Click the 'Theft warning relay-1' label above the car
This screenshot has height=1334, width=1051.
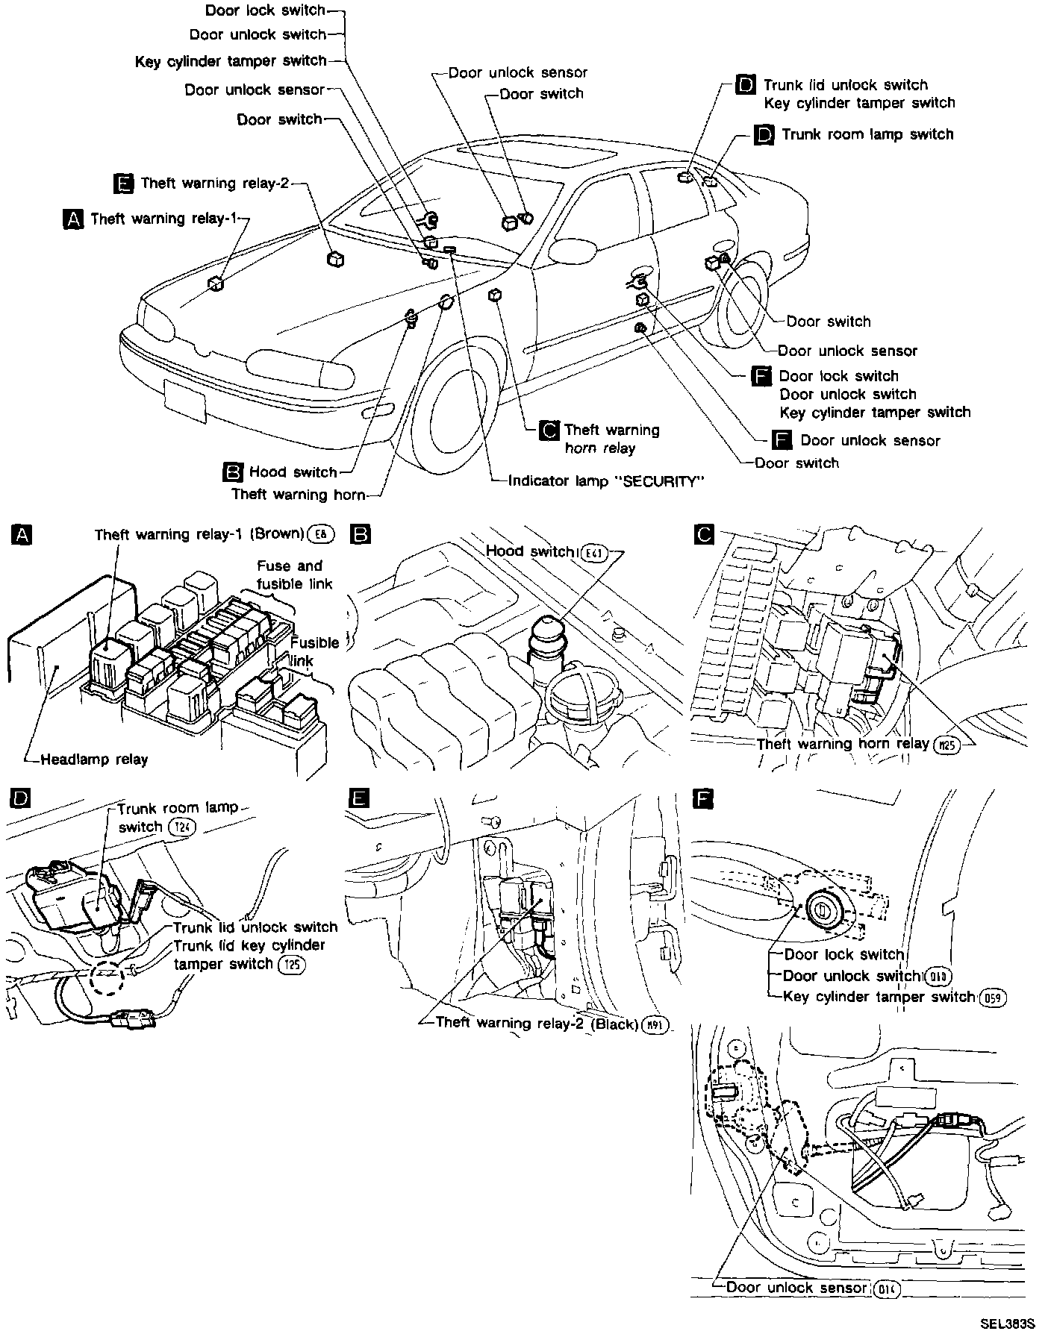163,219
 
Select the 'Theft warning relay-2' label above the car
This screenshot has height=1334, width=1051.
214,184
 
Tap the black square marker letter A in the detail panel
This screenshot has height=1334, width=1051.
22,534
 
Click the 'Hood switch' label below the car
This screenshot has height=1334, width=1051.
293,472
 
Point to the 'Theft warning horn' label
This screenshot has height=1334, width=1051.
299,495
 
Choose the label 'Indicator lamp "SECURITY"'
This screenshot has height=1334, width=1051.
605,481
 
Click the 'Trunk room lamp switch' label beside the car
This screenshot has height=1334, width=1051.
867,135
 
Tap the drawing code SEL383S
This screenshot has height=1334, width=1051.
1007,1324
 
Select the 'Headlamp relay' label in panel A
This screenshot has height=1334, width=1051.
94,760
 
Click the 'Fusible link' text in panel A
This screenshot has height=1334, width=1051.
314,651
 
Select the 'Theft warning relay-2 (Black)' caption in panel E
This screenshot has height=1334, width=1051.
536,1023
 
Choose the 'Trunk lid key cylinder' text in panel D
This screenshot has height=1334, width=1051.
249,945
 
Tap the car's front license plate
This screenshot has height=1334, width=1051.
184,401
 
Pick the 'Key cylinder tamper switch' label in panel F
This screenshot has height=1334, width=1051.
879,997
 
